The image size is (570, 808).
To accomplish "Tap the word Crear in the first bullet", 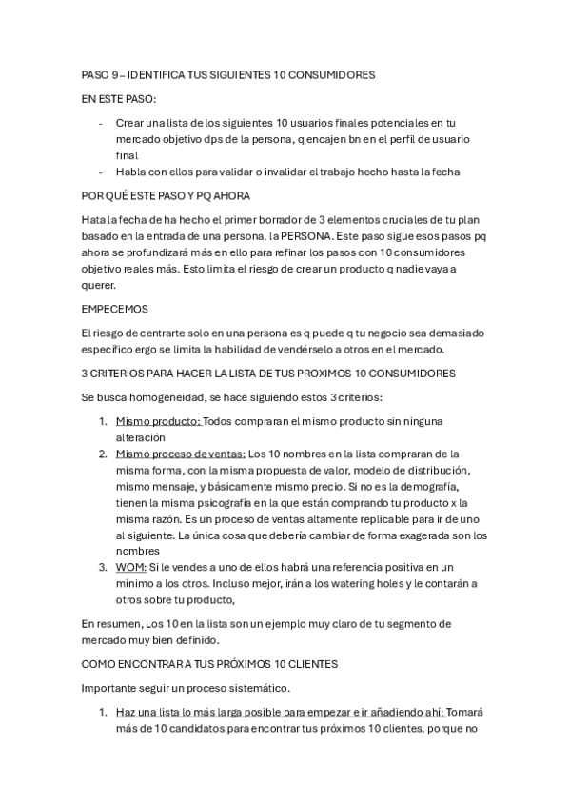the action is pos(131,123).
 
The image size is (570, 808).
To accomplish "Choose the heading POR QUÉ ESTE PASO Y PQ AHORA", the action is pos(167,196).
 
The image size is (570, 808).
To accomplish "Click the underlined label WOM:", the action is pos(131,567).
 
